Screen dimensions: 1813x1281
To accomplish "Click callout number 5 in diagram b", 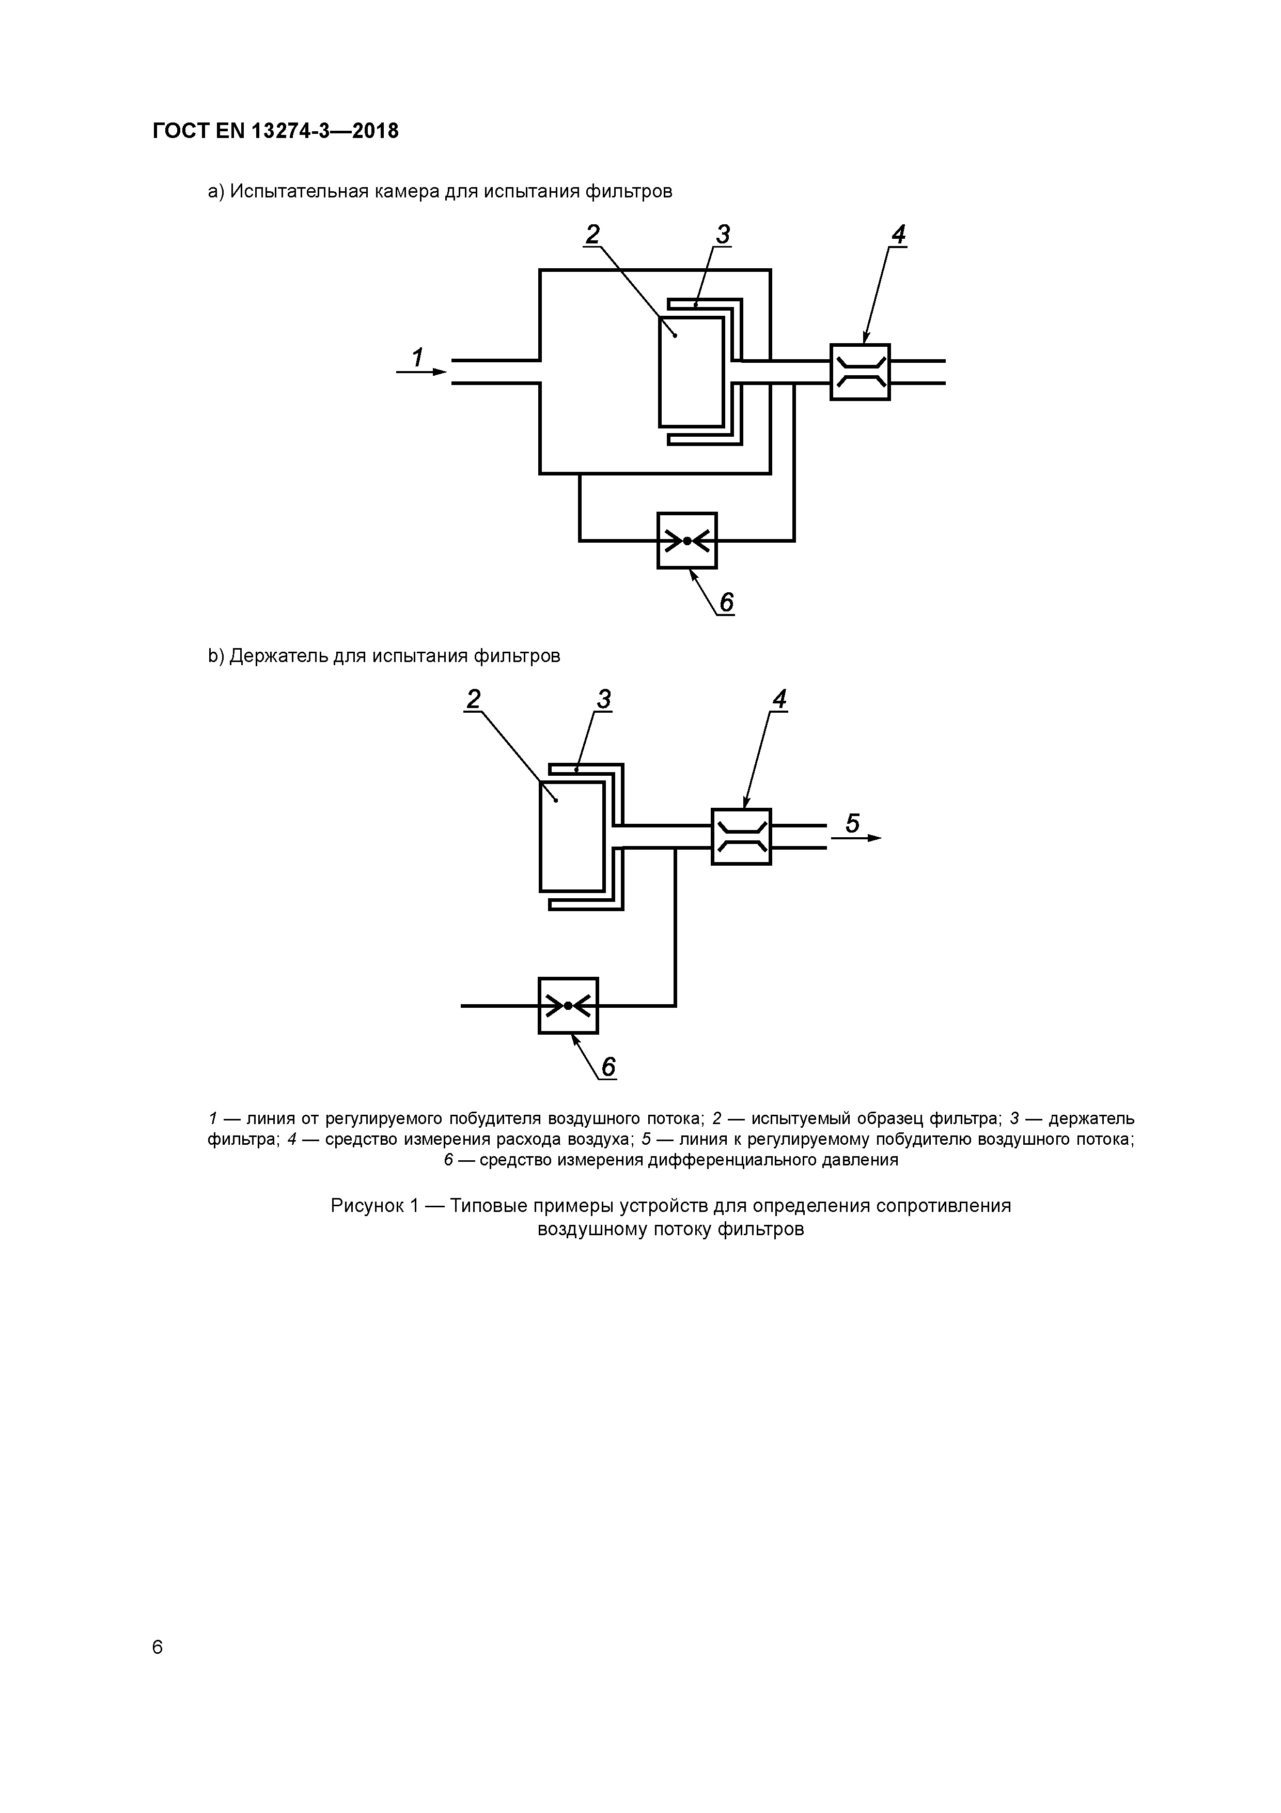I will tap(852, 824).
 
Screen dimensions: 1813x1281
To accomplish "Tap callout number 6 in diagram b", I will tap(608, 1068).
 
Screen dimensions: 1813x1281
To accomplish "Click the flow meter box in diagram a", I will tap(860, 372).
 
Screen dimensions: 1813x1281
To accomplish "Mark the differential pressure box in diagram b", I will tap(568, 1005).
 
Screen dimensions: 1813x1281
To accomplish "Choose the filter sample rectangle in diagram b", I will tap(571, 836).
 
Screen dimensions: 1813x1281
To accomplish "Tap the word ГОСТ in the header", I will tap(179, 131).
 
